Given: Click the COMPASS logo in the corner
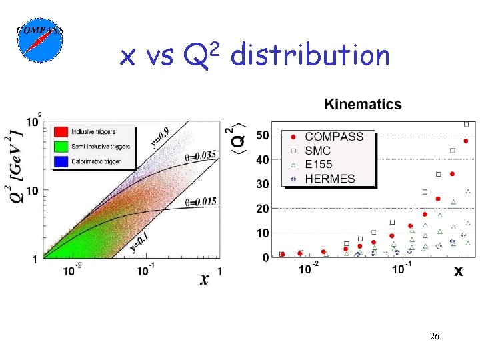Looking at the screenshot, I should point(39,40).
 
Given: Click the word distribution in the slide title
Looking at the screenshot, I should point(309,55).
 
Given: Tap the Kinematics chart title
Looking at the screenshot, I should point(363,104).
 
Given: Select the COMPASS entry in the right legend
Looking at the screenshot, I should point(327,137).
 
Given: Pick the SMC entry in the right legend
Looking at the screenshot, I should point(317,151).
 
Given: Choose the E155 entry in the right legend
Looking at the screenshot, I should point(317,165).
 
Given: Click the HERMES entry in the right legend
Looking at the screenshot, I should point(323,179).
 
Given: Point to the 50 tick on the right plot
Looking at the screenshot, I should point(263,135).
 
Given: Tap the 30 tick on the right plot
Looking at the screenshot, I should point(263,184).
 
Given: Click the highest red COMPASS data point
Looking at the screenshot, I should point(465,141).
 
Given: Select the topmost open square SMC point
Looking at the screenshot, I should point(466,124).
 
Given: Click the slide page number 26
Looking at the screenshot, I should point(434,337).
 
